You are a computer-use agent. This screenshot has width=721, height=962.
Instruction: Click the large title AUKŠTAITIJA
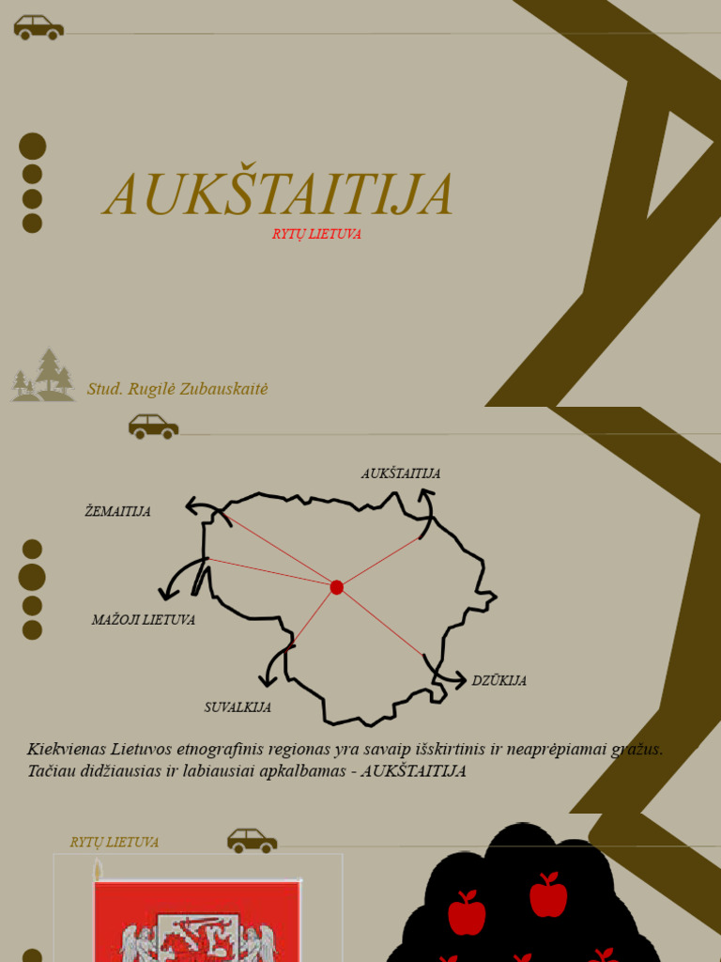[x=278, y=195]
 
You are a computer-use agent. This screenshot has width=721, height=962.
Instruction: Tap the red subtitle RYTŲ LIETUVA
[x=316, y=235]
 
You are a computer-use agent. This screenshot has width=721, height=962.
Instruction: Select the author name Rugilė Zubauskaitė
[x=177, y=389]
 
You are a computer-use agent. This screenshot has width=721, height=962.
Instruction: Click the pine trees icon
[x=44, y=376]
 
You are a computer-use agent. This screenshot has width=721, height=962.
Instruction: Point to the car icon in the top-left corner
[x=38, y=27]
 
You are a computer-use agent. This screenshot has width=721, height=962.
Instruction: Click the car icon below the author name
[x=153, y=427]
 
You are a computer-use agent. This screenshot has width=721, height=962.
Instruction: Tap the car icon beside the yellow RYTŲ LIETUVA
[x=252, y=841]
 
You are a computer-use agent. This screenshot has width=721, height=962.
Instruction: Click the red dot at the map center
[x=336, y=587]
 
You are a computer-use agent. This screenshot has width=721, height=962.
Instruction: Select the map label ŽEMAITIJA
[x=118, y=512]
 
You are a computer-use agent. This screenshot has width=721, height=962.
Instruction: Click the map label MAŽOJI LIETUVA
[x=144, y=620]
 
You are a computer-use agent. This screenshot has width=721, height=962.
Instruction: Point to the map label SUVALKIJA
[x=238, y=707]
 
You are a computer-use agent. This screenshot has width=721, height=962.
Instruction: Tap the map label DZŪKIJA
[x=499, y=681]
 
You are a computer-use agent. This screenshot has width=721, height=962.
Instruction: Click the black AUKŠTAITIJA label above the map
[x=401, y=473]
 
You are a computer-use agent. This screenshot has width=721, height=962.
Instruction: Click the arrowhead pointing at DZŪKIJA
[x=459, y=680]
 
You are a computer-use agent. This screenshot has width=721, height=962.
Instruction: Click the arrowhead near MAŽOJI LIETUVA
[x=166, y=594]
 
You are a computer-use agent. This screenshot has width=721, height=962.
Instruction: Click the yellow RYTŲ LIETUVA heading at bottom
[x=115, y=843]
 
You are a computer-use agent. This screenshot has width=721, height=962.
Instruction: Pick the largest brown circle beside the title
[x=33, y=147]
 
